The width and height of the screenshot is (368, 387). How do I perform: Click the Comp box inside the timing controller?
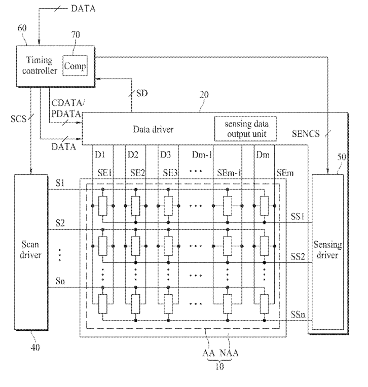tap(75, 66)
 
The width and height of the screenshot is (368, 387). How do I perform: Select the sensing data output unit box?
tap(245, 129)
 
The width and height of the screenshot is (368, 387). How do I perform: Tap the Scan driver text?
tap(30, 250)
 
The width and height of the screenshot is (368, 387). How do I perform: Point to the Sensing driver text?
tap(327, 250)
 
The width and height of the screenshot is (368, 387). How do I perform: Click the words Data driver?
tap(153, 129)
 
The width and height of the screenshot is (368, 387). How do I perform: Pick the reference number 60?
tap(22, 28)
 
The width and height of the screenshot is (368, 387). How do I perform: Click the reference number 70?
tap(76, 34)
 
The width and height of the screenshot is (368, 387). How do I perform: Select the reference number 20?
tap(204, 95)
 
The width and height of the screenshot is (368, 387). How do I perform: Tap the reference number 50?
tap(342, 157)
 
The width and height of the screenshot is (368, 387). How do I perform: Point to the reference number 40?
tap(35, 347)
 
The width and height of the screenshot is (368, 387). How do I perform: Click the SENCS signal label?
tap(306, 134)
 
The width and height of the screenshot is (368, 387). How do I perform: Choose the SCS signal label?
tap(18, 119)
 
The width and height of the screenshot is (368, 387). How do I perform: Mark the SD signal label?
tap(142, 93)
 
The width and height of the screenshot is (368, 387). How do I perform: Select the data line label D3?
tap(165, 155)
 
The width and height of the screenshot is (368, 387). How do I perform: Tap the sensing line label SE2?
tap(137, 173)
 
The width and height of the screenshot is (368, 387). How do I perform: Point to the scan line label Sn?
tap(60, 281)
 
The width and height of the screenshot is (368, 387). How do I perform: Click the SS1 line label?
tap(298, 216)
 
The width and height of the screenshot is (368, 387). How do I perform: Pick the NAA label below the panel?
tap(229, 353)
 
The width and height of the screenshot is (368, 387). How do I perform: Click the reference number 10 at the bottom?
tap(219, 367)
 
